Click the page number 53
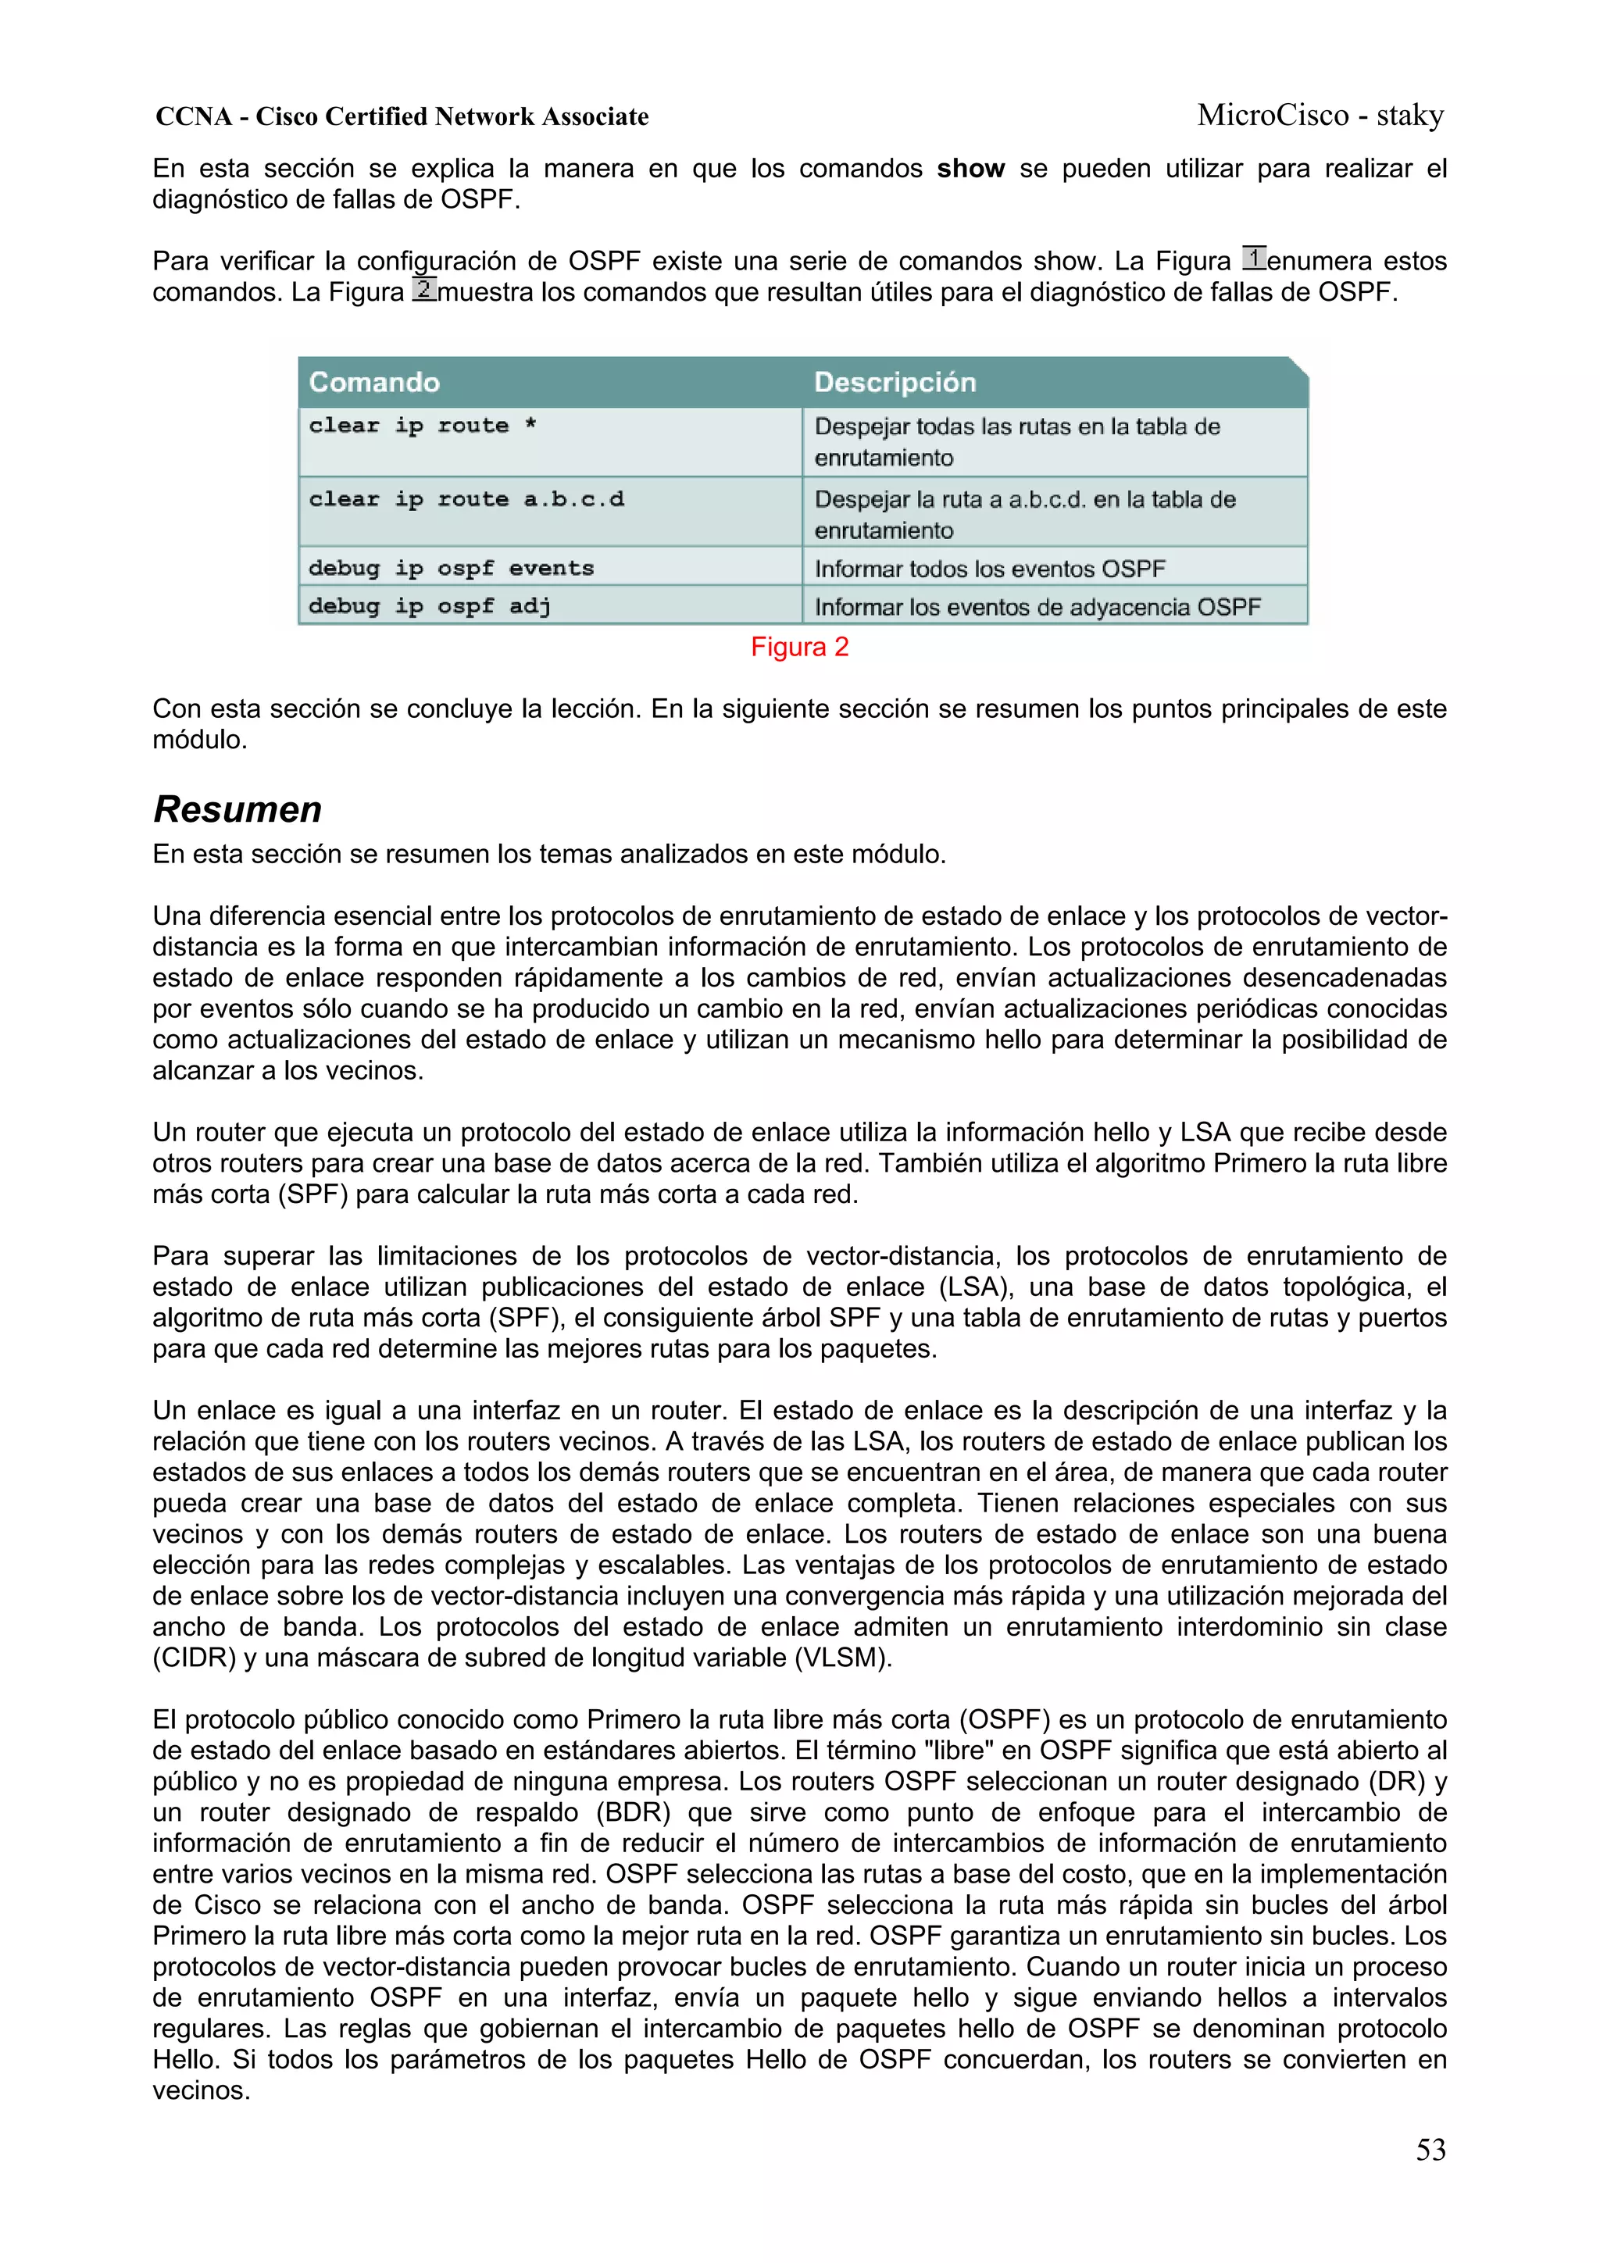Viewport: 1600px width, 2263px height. pos(1430,2150)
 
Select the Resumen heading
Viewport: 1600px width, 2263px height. pos(237,809)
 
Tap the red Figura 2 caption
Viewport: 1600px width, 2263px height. pos(799,647)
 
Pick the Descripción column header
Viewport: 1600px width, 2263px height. pos(895,383)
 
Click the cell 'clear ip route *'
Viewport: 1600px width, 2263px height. pos(423,426)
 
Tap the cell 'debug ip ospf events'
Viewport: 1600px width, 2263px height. pos(452,568)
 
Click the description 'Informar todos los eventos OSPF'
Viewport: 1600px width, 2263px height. pos(990,569)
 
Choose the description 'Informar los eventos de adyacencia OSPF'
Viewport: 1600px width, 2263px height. pos(1037,607)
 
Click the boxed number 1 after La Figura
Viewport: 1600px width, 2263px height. pos(1253,259)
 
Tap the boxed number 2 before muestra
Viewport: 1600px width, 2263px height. pos(424,290)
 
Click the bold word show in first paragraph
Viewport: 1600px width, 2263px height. pos(970,169)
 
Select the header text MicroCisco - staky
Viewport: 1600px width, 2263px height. pos(1320,116)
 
